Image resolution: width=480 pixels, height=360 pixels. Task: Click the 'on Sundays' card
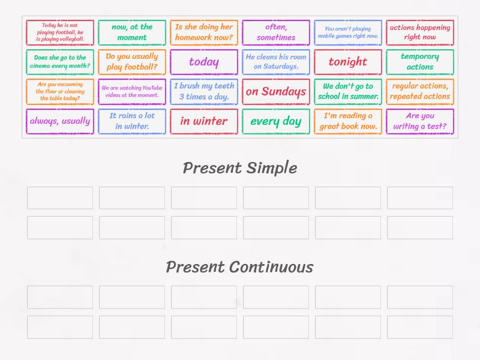(276, 92)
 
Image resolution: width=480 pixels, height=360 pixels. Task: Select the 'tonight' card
(348, 62)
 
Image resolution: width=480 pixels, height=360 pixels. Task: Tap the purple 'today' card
(204, 62)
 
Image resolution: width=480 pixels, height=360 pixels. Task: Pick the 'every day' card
(276, 121)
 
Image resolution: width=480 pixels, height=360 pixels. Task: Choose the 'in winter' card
(204, 121)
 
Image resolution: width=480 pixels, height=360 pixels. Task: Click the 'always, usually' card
(60, 121)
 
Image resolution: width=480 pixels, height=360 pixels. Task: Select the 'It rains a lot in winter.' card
(132, 121)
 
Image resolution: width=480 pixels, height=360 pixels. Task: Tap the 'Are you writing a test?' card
(420, 121)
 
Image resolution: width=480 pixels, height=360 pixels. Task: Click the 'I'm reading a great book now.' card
(348, 121)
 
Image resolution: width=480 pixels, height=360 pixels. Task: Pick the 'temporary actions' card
(420, 62)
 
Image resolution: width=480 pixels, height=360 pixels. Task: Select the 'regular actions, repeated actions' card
(420, 92)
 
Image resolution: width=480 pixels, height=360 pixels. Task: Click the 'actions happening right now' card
(420, 32)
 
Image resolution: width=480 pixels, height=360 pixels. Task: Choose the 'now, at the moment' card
(132, 32)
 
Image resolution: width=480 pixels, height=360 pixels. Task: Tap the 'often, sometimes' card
(276, 32)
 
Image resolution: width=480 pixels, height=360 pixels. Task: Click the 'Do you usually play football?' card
(132, 62)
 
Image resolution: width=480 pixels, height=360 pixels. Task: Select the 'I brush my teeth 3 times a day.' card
(204, 92)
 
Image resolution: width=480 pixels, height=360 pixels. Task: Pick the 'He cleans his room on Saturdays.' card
(276, 62)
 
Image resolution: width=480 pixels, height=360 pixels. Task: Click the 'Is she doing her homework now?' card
(204, 32)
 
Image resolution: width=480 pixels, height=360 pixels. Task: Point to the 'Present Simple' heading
(240, 168)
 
